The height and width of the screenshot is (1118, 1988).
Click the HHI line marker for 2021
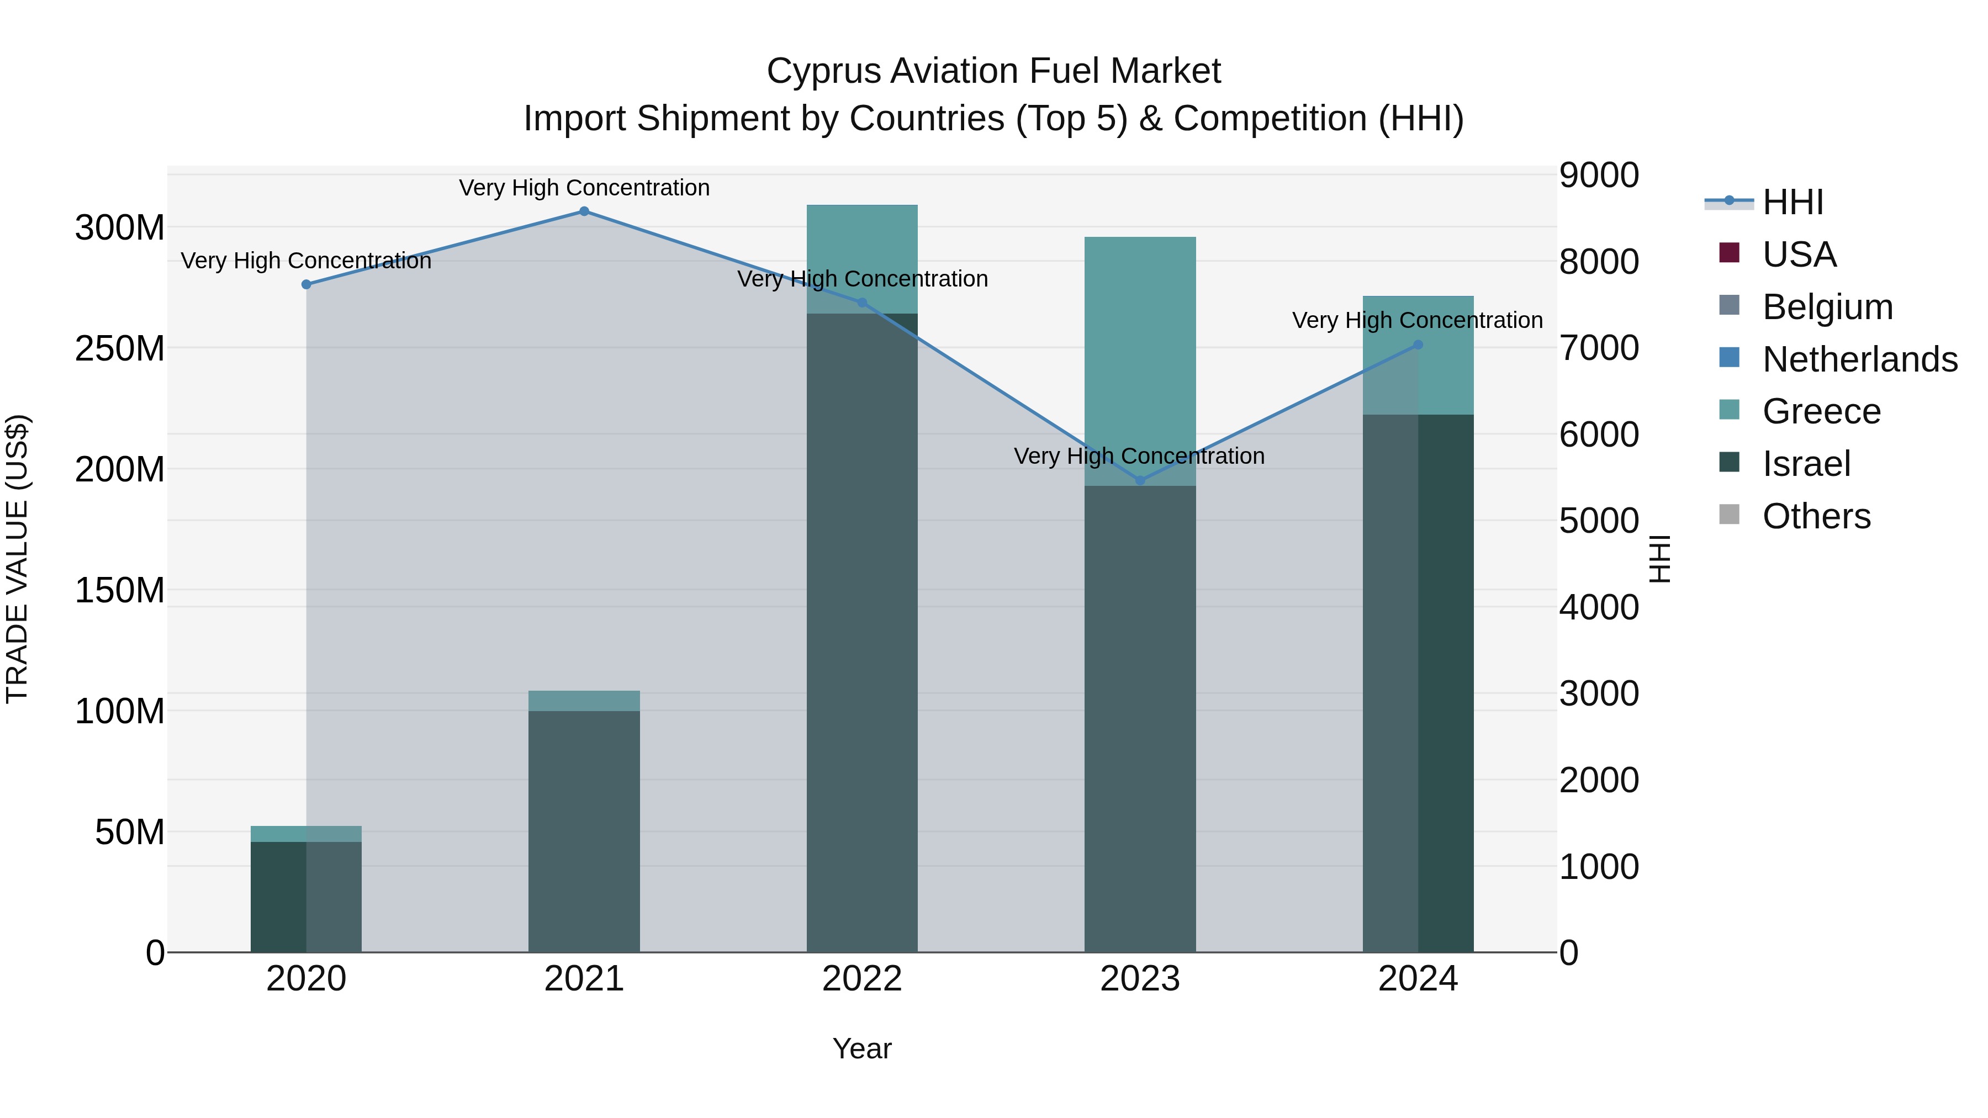[x=584, y=211]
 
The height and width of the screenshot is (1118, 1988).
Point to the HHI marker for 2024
[x=1419, y=345]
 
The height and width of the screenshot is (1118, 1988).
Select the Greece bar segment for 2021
[x=584, y=701]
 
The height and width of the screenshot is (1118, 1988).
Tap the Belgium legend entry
[x=1827, y=307]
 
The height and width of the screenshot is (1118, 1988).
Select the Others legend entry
[x=1816, y=516]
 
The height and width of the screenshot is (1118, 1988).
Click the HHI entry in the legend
[x=1793, y=202]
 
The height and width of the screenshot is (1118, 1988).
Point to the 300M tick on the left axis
[x=120, y=229]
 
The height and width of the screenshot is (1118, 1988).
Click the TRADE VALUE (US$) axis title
[x=18, y=559]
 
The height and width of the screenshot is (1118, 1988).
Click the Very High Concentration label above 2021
[x=584, y=188]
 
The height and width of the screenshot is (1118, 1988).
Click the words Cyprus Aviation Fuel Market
[x=993, y=72]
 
